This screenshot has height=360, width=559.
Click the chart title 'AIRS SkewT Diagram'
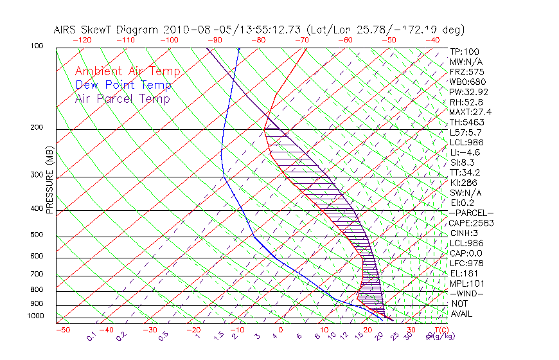click(x=107, y=30)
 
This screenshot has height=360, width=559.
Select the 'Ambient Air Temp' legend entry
click(x=127, y=71)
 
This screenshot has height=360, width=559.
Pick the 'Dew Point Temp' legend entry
click(x=123, y=85)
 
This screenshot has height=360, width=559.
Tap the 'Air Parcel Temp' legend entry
click(x=122, y=98)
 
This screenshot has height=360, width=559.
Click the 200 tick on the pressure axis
click(x=37, y=128)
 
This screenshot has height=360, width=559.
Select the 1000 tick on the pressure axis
click(x=35, y=316)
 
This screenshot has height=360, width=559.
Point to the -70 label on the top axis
click(x=301, y=40)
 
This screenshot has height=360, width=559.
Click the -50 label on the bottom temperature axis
click(x=62, y=330)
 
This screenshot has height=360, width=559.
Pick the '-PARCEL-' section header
click(x=471, y=213)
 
